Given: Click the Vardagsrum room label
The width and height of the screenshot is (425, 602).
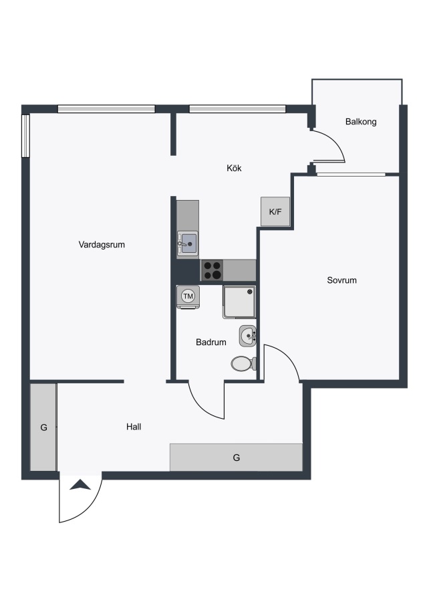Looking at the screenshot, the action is tap(102, 245).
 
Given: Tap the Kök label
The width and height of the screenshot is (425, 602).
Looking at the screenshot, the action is tap(234, 168).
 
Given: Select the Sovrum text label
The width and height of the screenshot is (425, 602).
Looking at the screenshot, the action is tap(341, 280).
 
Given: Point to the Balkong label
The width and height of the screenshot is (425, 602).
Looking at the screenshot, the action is tap(361, 122).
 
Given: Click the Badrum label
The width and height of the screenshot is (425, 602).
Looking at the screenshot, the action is tap(211, 342).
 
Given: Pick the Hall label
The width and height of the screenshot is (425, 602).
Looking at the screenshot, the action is tap(134, 427).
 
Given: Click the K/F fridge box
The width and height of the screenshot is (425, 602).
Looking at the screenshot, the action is tap(275, 211).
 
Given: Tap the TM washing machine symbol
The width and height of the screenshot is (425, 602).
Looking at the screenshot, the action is tap(188, 297).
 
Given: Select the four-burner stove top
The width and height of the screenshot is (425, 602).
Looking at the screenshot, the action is tap(212, 270).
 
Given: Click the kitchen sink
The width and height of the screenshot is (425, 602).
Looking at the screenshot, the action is tap(188, 244).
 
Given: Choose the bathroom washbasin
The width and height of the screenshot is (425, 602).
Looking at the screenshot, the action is tap(248, 336).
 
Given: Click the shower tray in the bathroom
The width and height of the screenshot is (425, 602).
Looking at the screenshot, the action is tap(239, 302).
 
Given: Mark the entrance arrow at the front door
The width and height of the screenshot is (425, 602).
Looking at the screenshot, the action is tap(80, 486).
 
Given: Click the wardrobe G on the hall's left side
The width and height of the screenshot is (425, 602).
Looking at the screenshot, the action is tap(43, 427).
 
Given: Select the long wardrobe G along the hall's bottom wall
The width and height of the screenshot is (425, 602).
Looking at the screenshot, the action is tap(237, 458).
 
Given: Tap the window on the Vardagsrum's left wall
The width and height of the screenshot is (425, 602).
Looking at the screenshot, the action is tap(25, 136).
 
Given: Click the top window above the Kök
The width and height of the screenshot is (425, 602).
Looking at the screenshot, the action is tap(238, 109).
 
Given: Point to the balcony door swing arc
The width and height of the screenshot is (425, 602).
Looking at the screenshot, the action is tap(336, 140).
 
